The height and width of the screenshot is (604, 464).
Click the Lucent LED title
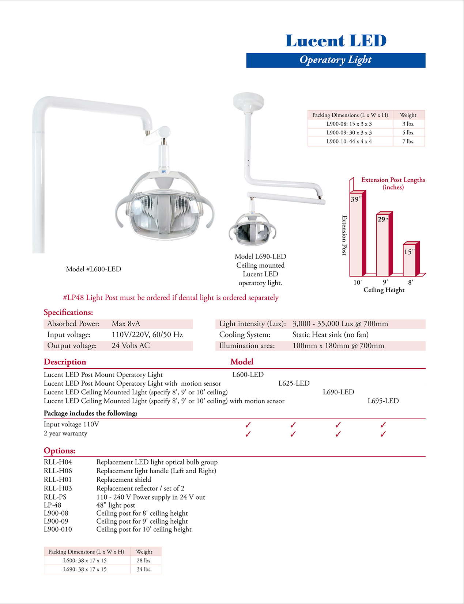336,41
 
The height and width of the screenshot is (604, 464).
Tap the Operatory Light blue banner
336,60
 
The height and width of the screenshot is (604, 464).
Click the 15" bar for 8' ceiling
410,260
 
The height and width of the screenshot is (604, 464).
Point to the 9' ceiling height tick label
385,282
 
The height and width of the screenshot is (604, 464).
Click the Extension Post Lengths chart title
393,183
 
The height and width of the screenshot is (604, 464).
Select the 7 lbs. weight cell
408,142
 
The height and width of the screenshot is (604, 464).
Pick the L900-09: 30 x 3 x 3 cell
349,133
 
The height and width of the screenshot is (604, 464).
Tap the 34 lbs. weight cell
144,569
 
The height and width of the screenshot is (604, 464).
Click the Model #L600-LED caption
93,269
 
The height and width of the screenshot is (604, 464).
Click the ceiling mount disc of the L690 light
248,99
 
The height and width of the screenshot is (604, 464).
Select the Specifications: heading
68,313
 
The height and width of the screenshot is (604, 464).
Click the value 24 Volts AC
131,346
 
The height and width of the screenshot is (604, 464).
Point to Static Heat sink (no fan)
330,335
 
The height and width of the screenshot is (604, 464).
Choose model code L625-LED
294,383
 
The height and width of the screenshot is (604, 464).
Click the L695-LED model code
383,401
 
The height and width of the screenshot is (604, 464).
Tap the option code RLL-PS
55,497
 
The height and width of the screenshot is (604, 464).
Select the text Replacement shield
124,480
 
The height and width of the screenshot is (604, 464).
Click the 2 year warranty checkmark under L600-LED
248,434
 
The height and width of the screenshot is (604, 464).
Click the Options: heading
59,451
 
